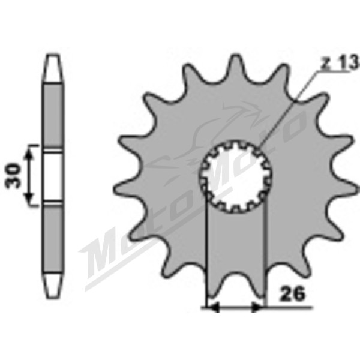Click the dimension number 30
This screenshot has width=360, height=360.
tap(13, 175)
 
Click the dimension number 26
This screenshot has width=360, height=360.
tap(292, 293)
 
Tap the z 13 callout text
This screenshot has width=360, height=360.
tap(340, 62)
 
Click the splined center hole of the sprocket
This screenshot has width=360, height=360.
tap(236, 176)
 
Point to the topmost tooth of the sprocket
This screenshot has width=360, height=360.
tap(236, 63)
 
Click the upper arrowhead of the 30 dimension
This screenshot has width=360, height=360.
tap(28, 152)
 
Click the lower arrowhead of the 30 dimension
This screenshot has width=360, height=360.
tap(29, 199)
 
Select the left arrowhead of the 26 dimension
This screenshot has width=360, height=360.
tap(213, 307)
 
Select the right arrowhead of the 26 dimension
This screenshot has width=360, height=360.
tap(257, 307)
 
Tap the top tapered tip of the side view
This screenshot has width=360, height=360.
tap(53, 68)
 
